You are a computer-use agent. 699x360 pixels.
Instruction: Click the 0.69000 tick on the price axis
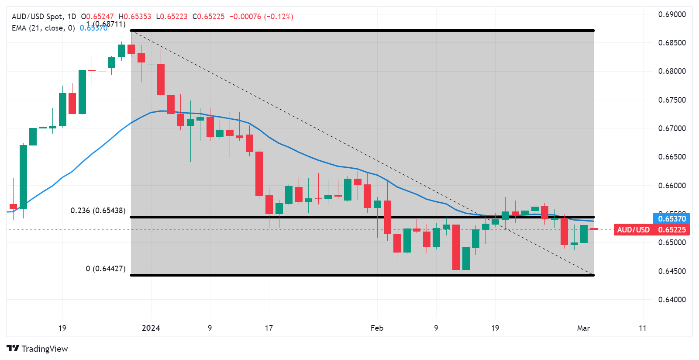click(671, 14)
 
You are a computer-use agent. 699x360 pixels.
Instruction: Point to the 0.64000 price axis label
click(671, 300)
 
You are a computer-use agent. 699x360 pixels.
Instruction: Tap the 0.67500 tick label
click(671, 100)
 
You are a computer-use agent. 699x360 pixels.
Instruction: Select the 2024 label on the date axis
click(151, 328)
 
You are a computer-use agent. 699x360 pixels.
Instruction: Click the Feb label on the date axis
click(377, 328)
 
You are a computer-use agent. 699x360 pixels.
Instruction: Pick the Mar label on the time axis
click(583, 328)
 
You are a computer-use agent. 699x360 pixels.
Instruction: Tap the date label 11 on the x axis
click(642, 328)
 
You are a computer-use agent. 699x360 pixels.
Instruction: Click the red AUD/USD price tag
click(633, 230)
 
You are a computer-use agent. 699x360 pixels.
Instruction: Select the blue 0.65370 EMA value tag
click(672, 218)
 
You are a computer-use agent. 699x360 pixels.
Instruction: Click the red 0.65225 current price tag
click(672, 230)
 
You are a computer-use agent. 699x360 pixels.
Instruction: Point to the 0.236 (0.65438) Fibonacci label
click(98, 211)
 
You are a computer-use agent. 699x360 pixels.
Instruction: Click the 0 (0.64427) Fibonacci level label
click(106, 269)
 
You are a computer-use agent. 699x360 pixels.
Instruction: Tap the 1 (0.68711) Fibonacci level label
click(106, 24)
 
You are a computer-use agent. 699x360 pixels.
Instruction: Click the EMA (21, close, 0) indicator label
click(43, 28)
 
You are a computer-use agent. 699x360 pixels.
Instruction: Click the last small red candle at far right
click(594, 228)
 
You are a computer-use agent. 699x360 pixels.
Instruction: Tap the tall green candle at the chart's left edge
click(23, 177)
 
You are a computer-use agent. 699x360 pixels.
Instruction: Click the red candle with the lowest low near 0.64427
click(456, 247)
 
